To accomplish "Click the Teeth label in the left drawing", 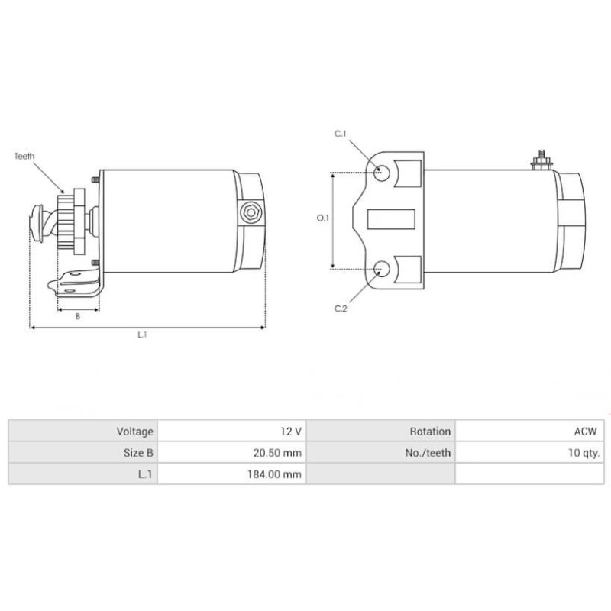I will [24, 156].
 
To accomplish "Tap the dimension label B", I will [78, 316].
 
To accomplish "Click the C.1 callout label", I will [341, 134].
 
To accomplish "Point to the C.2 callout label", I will [341, 309].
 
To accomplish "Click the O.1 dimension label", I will [322, 218].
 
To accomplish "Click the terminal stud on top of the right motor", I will [539, 158].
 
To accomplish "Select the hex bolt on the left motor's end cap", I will [251, 212].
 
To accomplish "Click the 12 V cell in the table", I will [291, 432].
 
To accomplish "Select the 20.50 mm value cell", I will [278, 453].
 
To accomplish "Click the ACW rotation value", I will [587, 432].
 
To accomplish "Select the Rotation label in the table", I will [430, 432].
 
